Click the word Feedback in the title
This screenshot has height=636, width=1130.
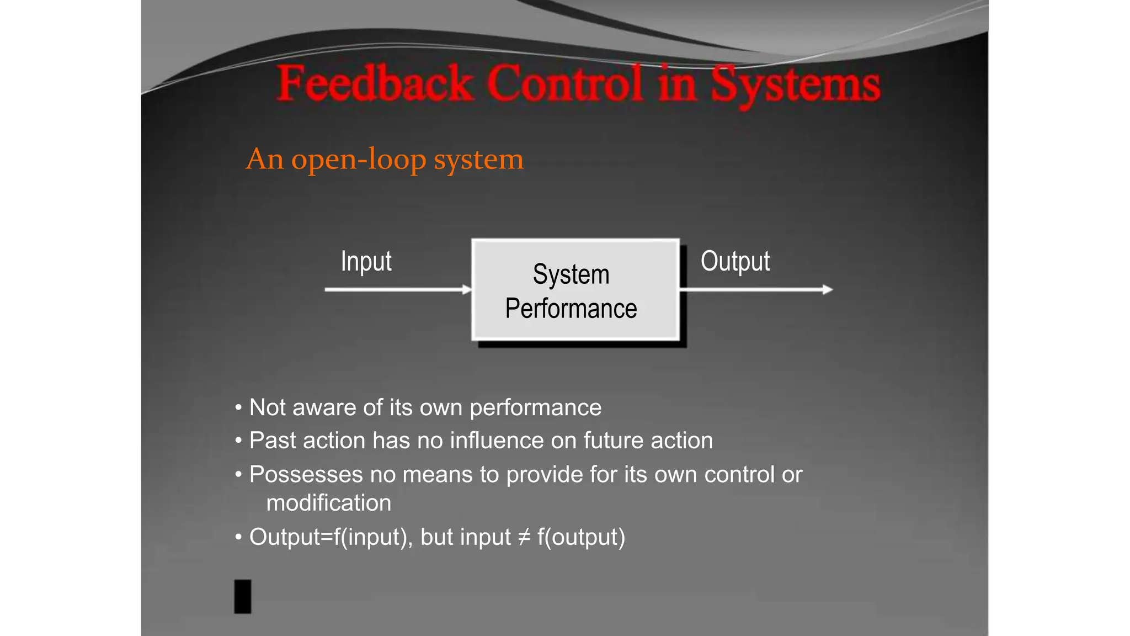tap(375, 84)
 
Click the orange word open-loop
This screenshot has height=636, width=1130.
tap(359, 160)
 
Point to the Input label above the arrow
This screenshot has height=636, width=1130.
tap(366, 261)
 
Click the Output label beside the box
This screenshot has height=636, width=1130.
tap(735, 261)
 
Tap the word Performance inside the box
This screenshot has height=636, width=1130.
tap(571, 309)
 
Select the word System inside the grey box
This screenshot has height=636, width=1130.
tap(571, 274)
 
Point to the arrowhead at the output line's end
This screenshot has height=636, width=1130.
tap(827, 289)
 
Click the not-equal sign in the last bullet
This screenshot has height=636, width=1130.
tap(524, 537)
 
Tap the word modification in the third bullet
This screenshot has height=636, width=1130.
tap(328, 503)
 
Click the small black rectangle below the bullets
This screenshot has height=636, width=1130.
tap(243, 596)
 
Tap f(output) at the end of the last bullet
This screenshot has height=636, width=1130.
tap(581, 537)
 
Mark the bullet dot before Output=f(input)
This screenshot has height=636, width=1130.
tap(238, 537)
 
